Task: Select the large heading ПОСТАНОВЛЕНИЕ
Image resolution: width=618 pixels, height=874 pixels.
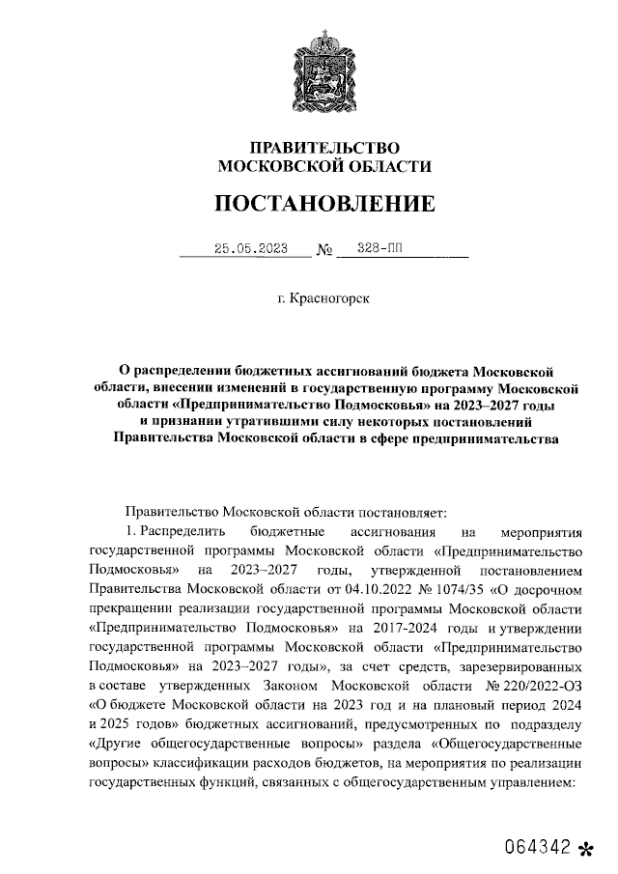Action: click(x=323, y=204)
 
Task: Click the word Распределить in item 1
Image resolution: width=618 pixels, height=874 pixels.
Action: click(x=183, y=531)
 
